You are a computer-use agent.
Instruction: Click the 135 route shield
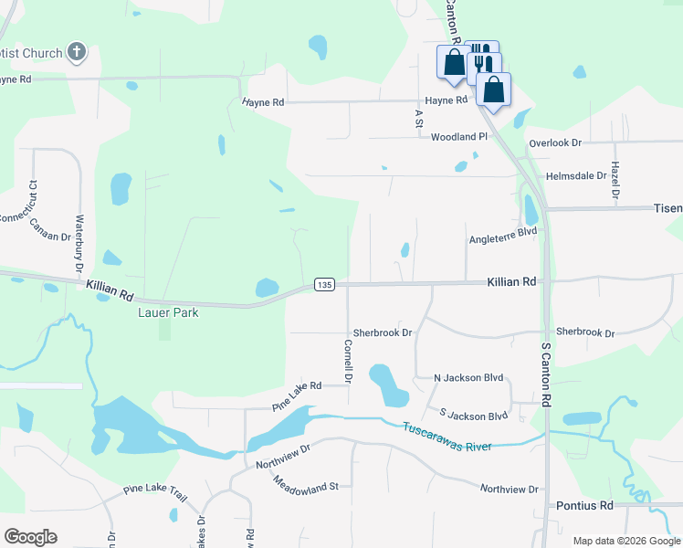pos(324,285)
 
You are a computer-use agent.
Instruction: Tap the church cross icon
pos(77,53)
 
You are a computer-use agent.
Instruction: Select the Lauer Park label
pos(164,312)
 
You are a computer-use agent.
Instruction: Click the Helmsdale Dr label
pos(576,175)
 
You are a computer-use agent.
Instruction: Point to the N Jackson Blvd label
pos(468,377)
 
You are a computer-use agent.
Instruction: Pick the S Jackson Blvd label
pos(473,416)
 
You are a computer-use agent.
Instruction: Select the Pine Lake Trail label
pos(155,494)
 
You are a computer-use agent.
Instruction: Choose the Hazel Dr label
pos(615,182)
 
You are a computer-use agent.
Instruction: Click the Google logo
pos(30,537)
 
